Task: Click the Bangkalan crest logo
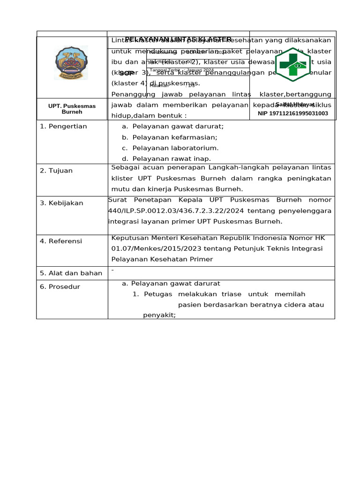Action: point(71,63)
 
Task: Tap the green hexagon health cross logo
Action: point(292,65)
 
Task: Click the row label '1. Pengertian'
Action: point(63,127)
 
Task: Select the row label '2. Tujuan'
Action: point(56,171)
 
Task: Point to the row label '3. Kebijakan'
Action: point(61,203)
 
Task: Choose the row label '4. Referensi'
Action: point(61,241)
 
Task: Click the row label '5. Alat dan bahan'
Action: point(71,273)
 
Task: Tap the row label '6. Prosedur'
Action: point(60,286)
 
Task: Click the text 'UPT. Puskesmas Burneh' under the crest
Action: point(72,109)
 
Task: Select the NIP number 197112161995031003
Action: point(293,113)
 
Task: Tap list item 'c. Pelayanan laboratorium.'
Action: point(170,148)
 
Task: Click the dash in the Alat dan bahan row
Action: point(112,270)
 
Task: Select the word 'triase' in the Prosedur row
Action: point(230,294)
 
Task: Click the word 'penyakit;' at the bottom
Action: point(159,315)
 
